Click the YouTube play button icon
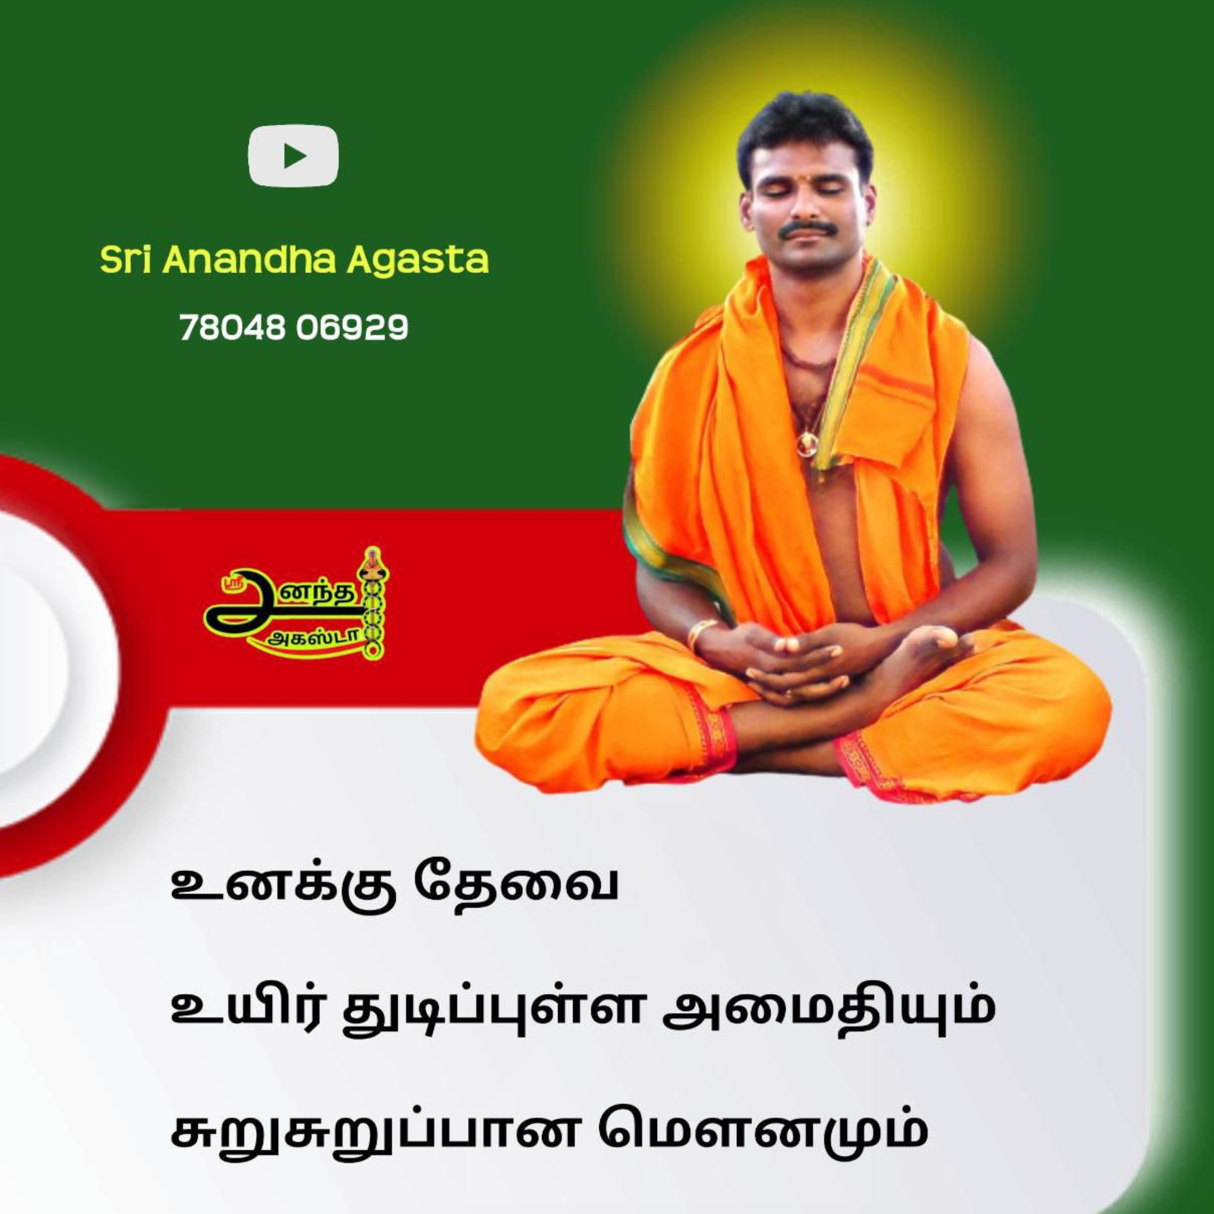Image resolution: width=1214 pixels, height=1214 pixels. [293, 156]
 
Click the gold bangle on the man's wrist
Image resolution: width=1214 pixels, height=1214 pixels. [701, 635]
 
